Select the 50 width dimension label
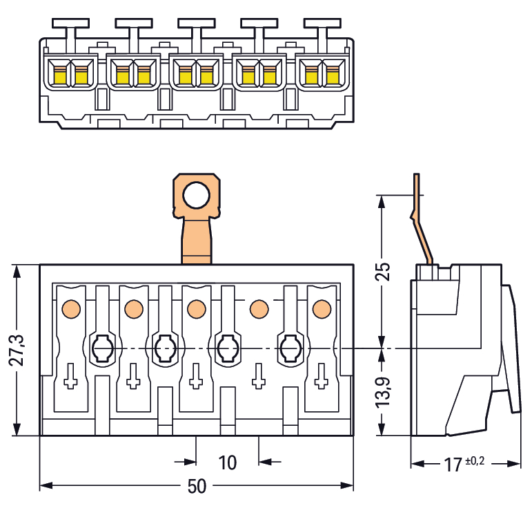[x=197, y=487]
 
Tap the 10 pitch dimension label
[x=227, y=462]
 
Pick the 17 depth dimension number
[x=453, y=465]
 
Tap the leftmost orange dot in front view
[x=71, y=308]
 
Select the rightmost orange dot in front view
[x=322, y=308]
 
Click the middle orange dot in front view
[x=197, y=308]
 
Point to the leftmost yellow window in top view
[x=56, y=74]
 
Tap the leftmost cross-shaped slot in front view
[x=70, y=377]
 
